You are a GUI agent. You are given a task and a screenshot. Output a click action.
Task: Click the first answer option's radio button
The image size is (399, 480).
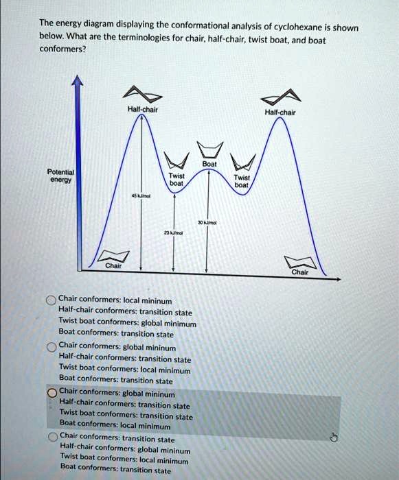(52, 300)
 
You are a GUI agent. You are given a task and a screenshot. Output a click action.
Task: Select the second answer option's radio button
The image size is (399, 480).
(52, 346)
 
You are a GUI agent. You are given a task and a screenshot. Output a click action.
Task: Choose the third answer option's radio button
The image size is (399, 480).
(52, 393)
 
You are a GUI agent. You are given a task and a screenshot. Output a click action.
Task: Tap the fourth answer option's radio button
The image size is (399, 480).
(52, 436)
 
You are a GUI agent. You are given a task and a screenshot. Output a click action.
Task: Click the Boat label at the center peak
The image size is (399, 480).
(209, 165)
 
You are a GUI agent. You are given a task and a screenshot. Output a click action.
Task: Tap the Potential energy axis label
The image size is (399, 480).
(60, 175)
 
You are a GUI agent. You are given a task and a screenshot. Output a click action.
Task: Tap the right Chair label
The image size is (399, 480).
(299, 271)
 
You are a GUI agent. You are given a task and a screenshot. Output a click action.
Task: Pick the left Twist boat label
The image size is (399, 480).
(176, 180)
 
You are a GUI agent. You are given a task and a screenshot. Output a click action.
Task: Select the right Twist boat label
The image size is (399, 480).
(241, 180)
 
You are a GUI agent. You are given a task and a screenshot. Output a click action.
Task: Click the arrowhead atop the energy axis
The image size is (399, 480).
(79, 81)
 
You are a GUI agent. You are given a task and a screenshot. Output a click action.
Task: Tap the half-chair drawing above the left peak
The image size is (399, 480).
(144, 94)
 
